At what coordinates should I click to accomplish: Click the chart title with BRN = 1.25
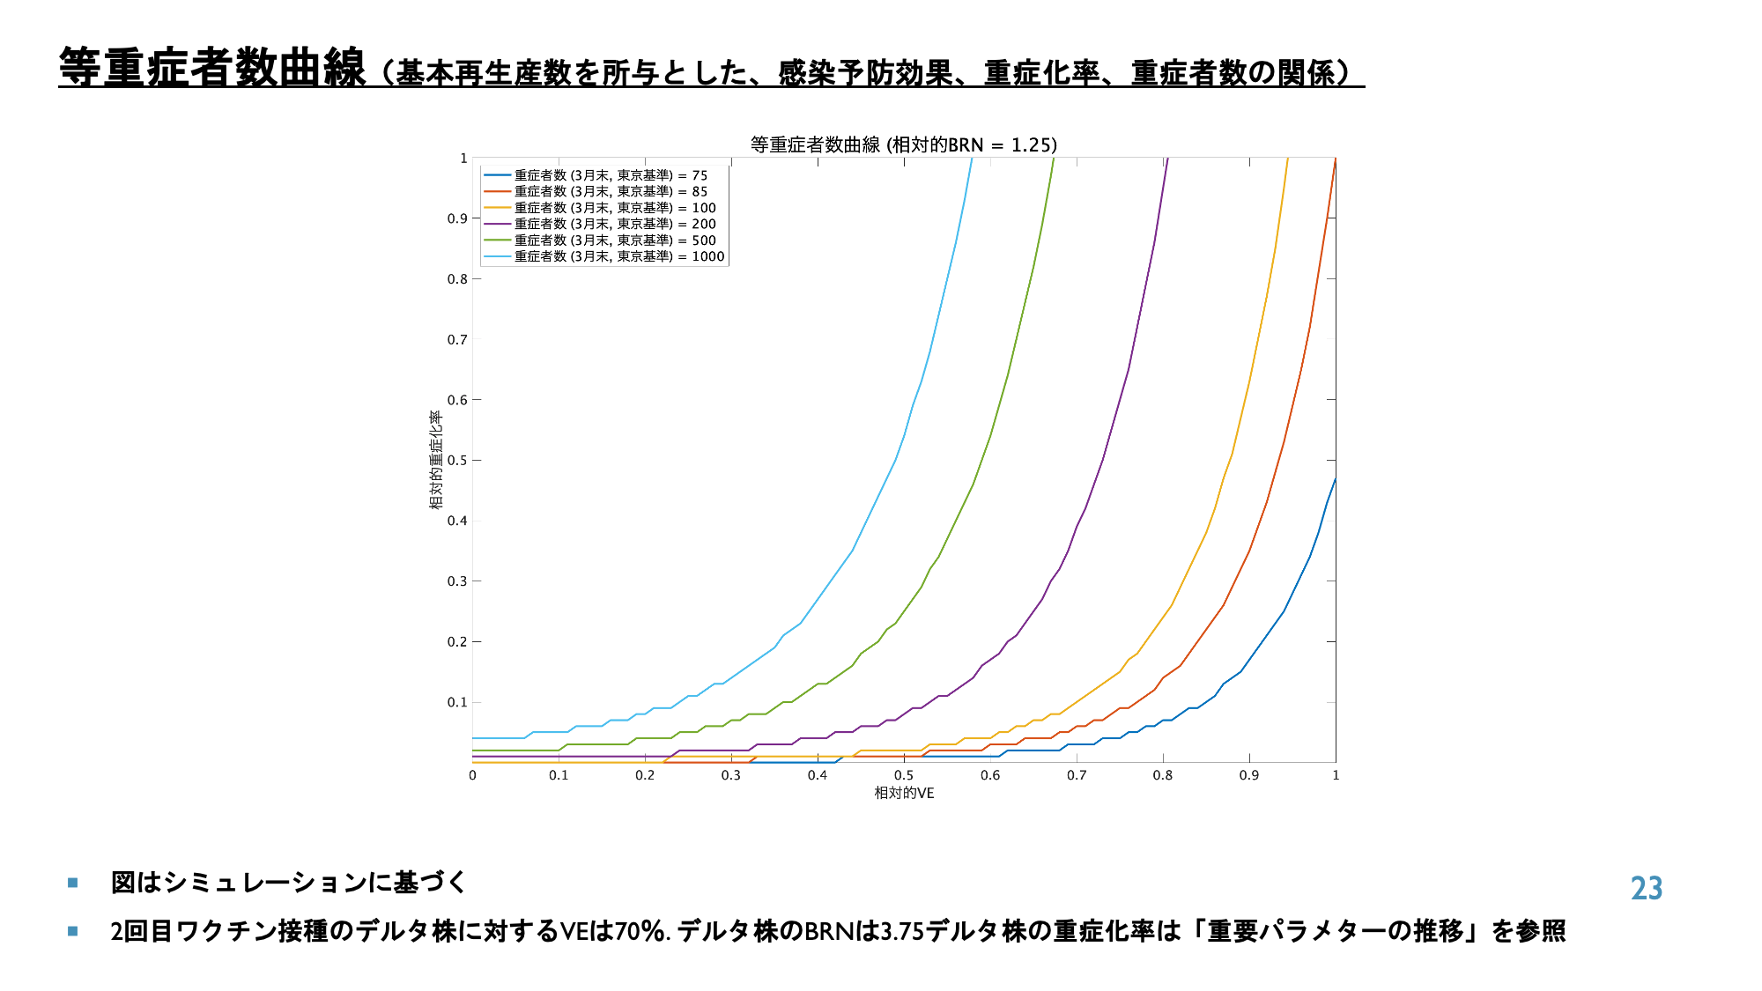coord(903,144)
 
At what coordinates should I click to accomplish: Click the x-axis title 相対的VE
coord(904,793)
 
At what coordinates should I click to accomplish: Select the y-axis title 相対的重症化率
coord(435,460)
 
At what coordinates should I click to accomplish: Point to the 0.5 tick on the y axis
coord(457,460)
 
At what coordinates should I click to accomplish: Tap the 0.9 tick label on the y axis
coord(457,218)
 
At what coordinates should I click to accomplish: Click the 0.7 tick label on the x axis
coord(1077,775)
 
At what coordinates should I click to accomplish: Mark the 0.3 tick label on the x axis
coord(731,775)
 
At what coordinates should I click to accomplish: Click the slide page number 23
coord(1646,888)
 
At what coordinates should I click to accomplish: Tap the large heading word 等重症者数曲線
coord(211,68)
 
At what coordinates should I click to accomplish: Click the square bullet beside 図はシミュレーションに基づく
coord(73,883)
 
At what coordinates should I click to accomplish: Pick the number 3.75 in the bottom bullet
coord(902,931)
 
